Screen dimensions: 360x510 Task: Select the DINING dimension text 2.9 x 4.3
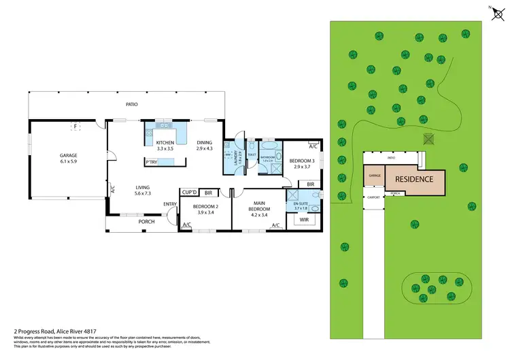205,148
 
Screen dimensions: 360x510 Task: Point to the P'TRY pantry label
152,162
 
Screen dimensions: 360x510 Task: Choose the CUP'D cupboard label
188,193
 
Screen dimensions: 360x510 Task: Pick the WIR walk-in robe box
304,220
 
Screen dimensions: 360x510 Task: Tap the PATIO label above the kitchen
132,104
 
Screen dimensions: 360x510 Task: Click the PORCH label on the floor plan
146,221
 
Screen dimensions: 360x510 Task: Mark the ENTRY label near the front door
170,204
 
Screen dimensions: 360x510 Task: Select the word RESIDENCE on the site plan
415,179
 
